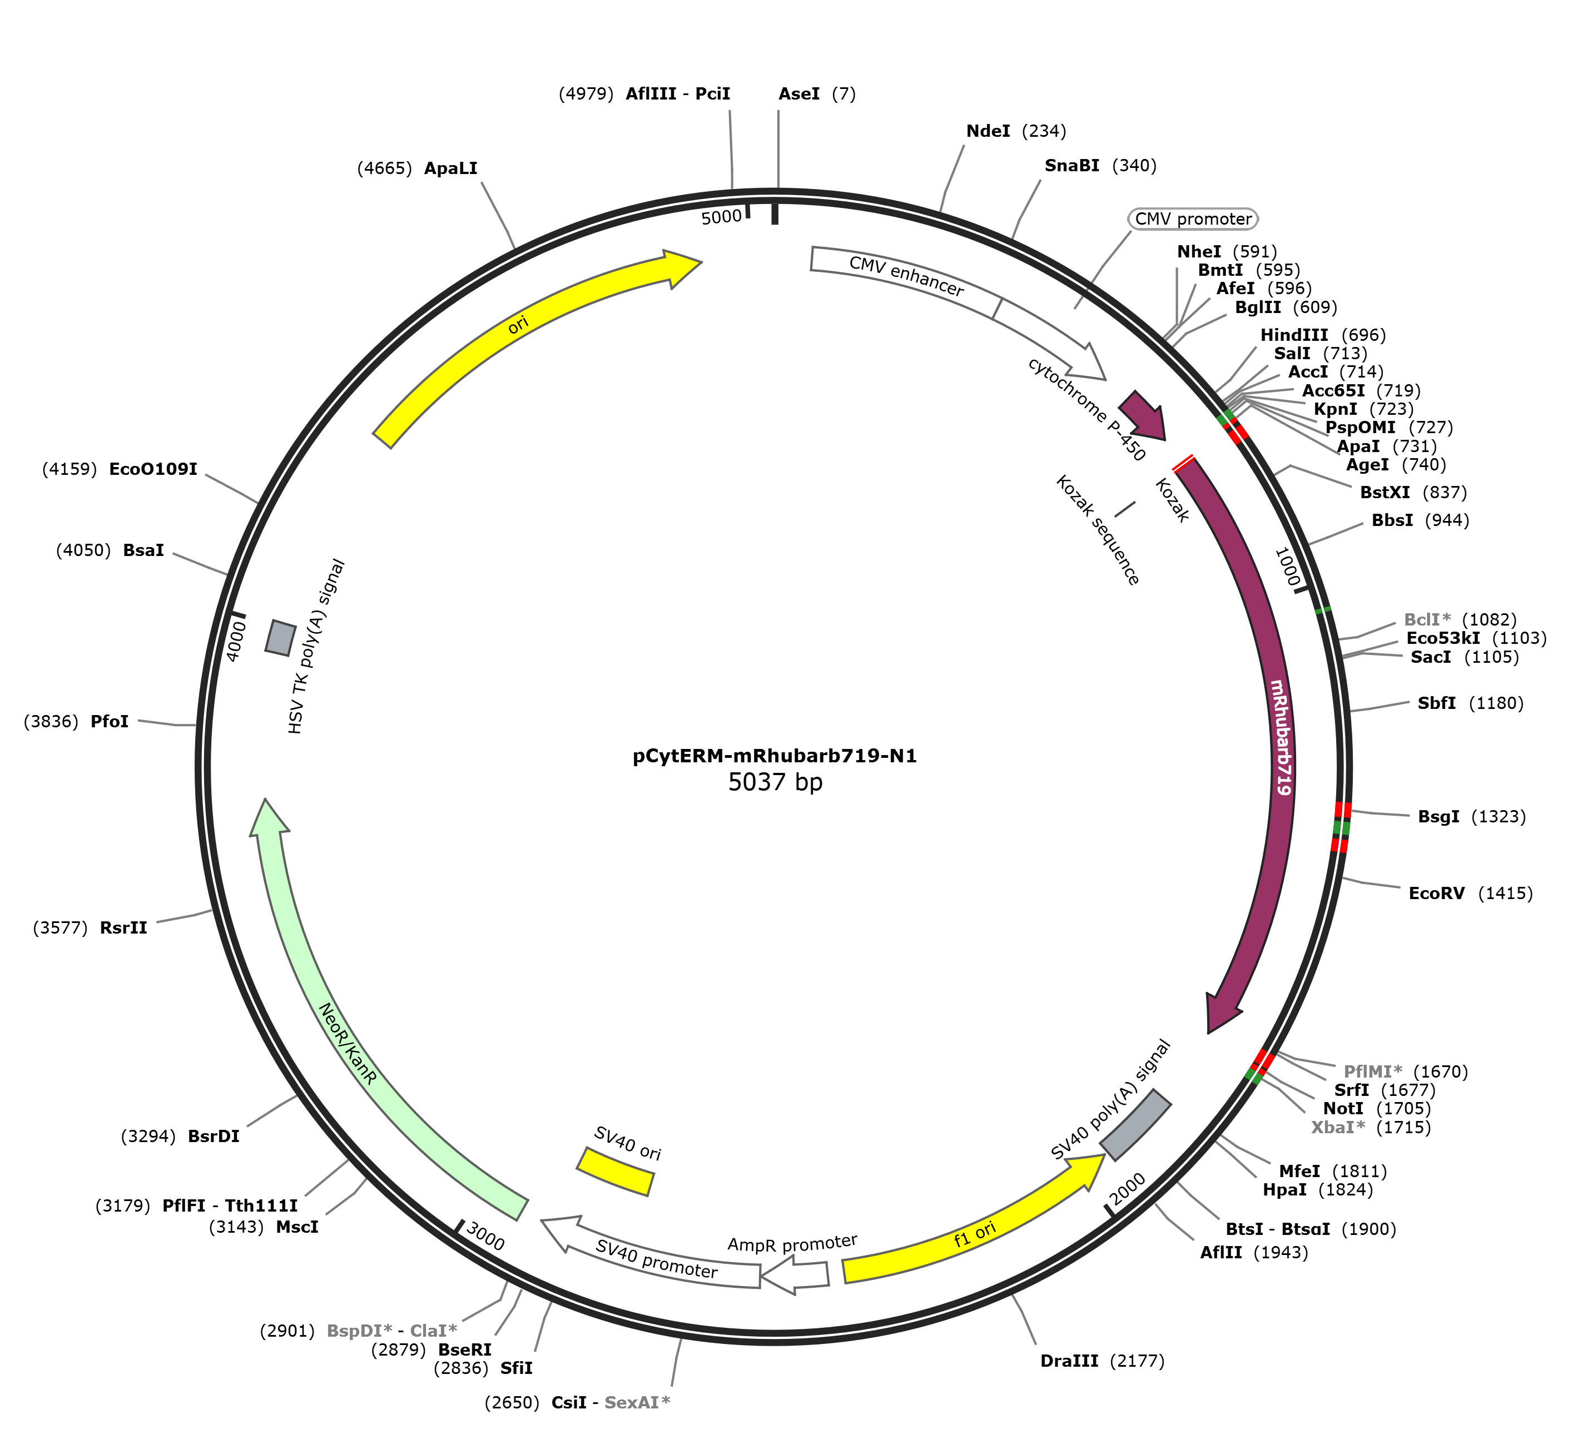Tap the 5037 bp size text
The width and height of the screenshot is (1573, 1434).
(775, 782)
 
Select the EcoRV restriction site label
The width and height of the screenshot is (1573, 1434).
(1436, 894)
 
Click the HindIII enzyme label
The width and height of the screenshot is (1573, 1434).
(1294, 335)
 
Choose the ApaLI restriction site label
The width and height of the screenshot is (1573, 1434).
(451, 168)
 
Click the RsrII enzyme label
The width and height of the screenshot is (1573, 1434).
(123, 927)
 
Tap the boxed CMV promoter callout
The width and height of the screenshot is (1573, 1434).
(1193, 219)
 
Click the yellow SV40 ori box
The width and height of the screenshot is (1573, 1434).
(615, 1170)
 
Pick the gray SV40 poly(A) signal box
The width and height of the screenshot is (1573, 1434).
(1135, 1124)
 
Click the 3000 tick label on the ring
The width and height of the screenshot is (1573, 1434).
(485, 1237)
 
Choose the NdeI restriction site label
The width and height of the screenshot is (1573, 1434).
(988, 131)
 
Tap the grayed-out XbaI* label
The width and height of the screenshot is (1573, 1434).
(1338, 1128)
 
